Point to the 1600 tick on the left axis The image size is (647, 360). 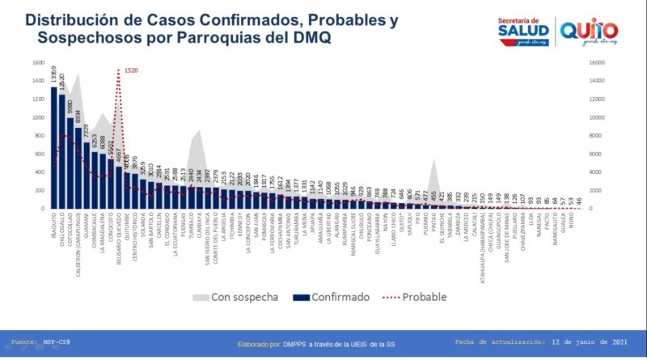click(38, 63)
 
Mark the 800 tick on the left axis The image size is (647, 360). click(40, 136)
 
